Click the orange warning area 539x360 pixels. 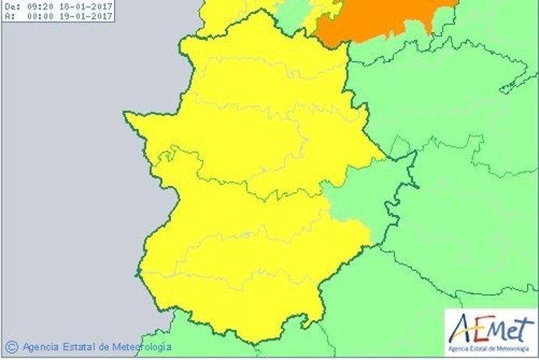[x=383, y=20]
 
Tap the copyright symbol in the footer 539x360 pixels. [x=11, y=346]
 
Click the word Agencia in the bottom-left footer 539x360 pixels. [x=43, y=346]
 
